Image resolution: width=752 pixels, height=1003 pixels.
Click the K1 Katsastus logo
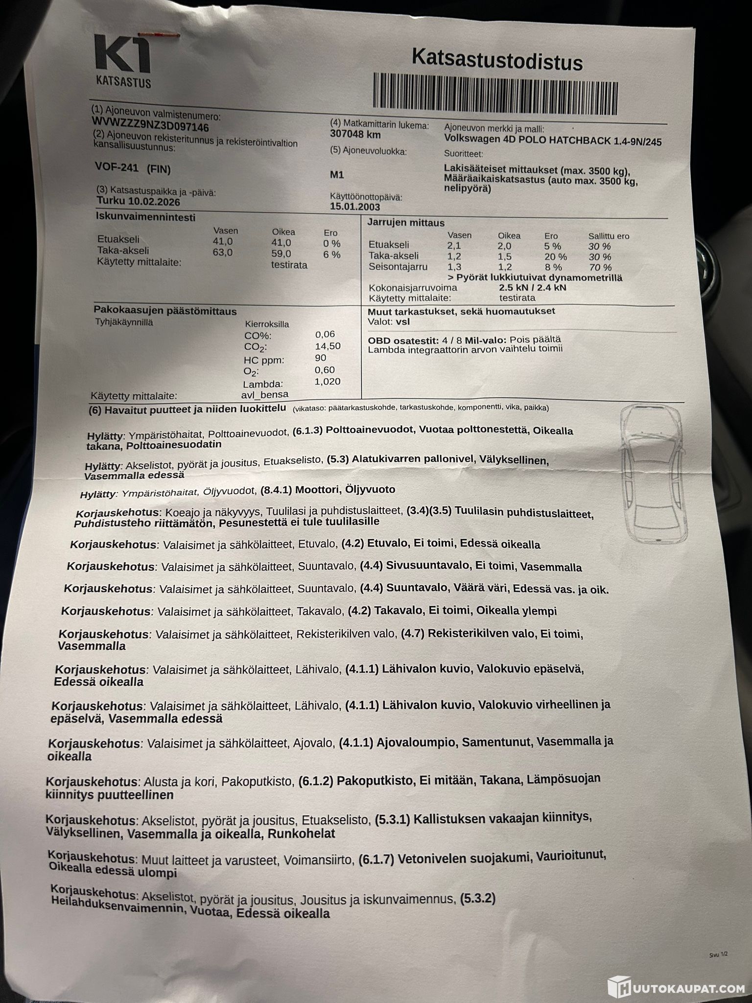pos(122,61)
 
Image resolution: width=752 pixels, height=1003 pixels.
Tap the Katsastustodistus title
pos(497,61)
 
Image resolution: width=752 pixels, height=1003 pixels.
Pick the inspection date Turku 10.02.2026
pos(138,201)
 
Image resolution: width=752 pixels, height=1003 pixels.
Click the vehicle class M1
pos(337,175)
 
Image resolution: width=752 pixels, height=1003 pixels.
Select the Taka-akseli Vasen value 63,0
pos(222,252)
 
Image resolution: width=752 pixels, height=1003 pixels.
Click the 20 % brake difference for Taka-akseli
pos(555,257)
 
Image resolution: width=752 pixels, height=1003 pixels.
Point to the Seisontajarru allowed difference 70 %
pos(600,267)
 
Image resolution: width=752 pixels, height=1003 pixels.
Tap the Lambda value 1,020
pos(328,382)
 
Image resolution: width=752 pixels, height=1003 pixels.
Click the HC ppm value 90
pos(321,358)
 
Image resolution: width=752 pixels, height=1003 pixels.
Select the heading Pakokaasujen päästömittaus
pos(165,311)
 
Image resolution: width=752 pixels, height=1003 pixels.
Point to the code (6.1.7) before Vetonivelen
pos(376,860)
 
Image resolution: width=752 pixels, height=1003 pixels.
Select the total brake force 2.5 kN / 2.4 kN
pos(532,287)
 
